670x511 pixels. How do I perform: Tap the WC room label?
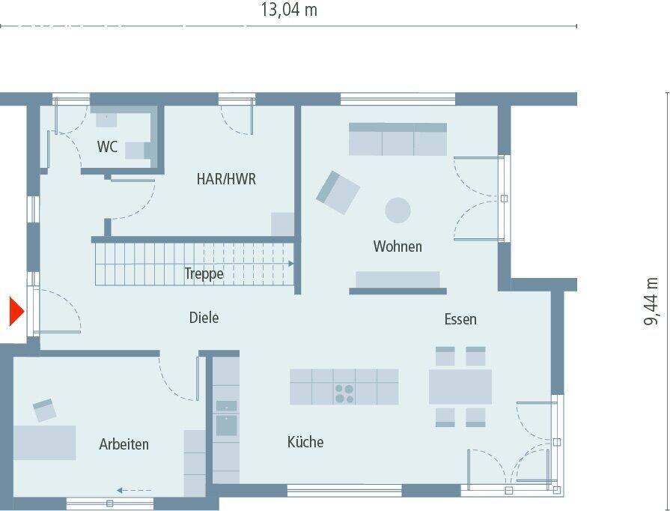pos(107,147)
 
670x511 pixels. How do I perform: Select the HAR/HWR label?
pos(226,179)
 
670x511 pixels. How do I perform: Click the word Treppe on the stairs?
pos(204,274)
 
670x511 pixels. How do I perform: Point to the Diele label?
pos(204,318)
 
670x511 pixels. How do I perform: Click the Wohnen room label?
pos(398,246)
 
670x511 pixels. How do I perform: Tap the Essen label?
pos(460,319)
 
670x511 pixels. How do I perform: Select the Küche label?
pos(305,442)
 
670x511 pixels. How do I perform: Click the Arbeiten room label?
pos(124,444)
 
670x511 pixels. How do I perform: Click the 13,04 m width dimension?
pos(288,10)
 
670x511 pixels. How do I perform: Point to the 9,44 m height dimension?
pos(652,301)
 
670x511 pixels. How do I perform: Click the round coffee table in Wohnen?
pos(398,210)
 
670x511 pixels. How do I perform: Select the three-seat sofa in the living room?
pos(398,139)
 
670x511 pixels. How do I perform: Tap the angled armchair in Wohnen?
pos(338,193)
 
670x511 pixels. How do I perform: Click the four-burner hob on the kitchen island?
pos(344,393)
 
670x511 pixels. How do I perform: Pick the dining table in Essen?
pos(460,387)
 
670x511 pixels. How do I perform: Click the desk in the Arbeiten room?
pos(45,442)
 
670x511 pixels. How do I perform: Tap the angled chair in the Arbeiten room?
pos(44,410)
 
